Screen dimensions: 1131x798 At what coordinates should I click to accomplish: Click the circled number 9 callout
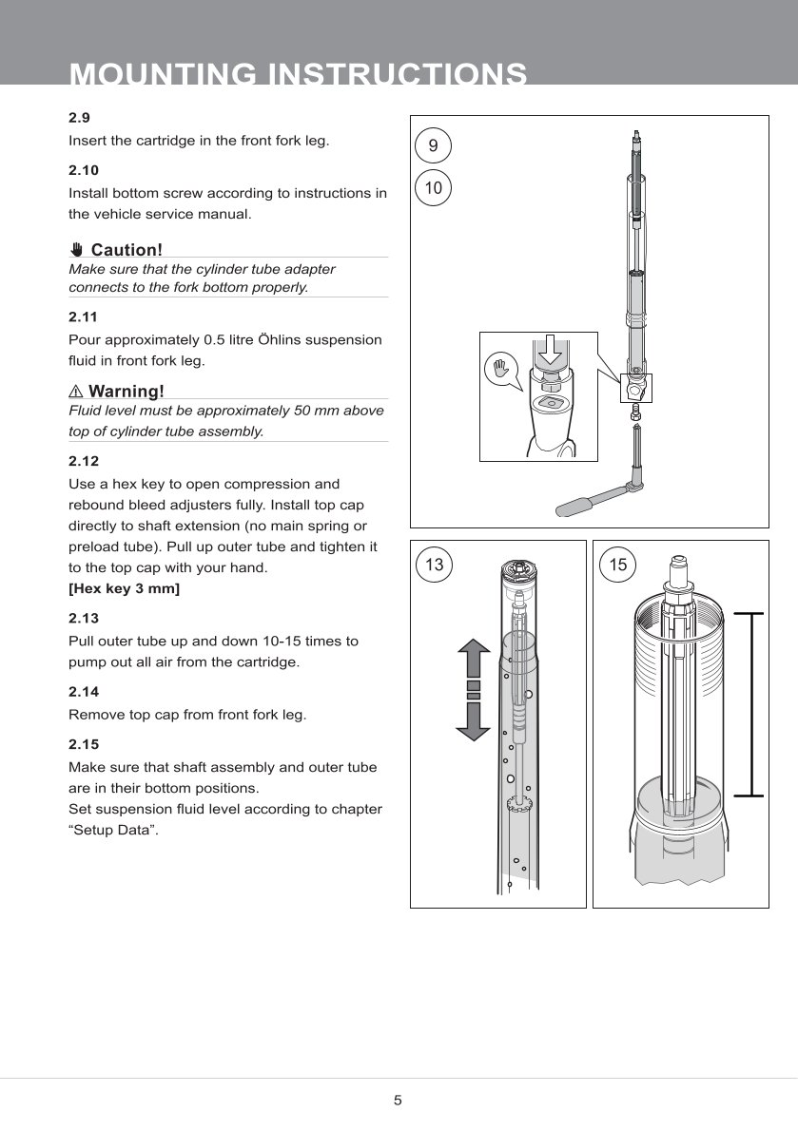click(x=434, y=146)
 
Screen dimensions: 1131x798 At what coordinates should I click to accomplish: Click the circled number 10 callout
click(x=434, y=188)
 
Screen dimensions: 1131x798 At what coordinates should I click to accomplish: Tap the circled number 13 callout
click(x=435, y=565)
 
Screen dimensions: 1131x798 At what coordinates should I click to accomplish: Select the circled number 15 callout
click(x=618, y=565)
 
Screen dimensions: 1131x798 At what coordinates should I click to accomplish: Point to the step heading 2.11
click(x=83, y=316)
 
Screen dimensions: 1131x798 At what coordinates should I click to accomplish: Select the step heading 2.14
click(x=83, y=692)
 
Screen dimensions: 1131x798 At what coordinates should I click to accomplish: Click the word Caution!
click(x=127, y=250)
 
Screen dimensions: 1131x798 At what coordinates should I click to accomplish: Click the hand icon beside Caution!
click(x=77, y=250)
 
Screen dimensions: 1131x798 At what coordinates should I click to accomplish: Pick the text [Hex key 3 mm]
click(x=125, y=589)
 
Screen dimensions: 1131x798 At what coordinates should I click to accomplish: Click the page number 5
click(x=399, y=1101)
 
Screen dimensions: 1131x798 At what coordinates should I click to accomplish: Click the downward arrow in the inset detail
click(x=549, y=355)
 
